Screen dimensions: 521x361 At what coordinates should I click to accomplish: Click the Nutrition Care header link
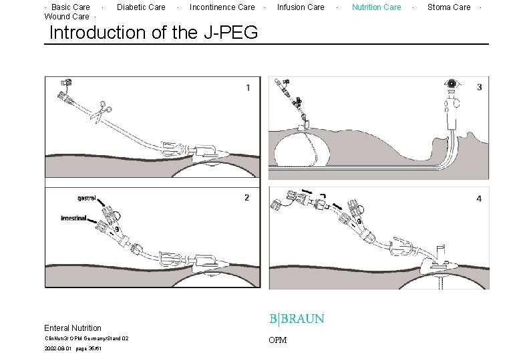376,7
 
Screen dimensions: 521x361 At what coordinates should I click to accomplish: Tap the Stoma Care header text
448,7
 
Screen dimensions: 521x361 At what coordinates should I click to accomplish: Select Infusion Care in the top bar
301,7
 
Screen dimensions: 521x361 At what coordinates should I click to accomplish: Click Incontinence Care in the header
222,7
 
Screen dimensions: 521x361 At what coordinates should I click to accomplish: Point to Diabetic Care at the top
141,7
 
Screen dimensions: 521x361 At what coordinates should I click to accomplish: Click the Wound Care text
66,17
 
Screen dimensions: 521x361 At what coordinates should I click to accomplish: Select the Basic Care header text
70,7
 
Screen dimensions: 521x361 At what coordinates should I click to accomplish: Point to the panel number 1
248,88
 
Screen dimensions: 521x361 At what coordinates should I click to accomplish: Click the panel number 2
246,197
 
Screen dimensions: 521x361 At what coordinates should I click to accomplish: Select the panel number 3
480,87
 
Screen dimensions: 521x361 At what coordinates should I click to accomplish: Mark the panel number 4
479,199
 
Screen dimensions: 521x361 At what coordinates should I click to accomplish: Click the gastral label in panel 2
87,199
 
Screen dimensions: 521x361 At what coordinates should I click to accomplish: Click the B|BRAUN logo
297,319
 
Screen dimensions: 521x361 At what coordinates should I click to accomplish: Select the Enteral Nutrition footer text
73,328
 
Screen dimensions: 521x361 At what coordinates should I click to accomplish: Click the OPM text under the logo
277,340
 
